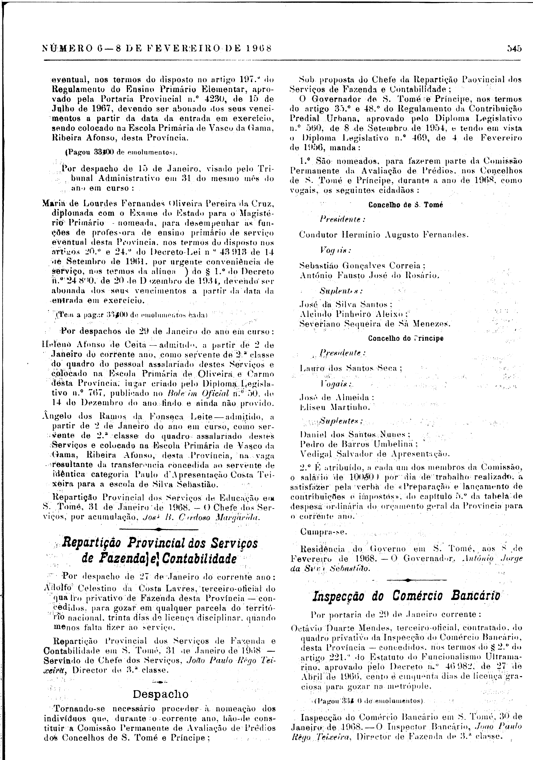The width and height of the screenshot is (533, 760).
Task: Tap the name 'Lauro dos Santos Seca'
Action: (351, 368)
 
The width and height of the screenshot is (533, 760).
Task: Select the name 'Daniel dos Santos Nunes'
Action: (355, 434)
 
